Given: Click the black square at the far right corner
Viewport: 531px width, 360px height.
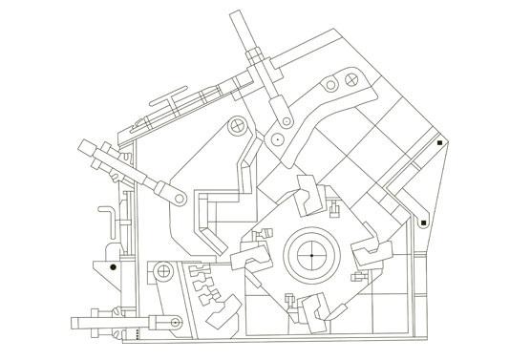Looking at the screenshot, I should (438, 143).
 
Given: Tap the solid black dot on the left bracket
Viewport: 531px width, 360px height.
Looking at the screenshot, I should (113, 265).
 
